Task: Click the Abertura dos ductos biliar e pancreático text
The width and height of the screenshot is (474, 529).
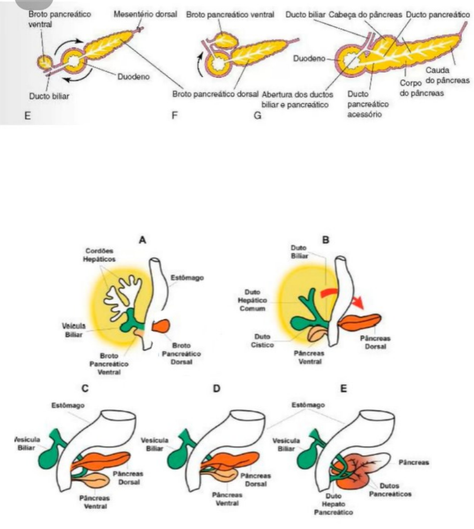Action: tap(295, 99)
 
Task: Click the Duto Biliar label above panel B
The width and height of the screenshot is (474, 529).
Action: tap(299, 252)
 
